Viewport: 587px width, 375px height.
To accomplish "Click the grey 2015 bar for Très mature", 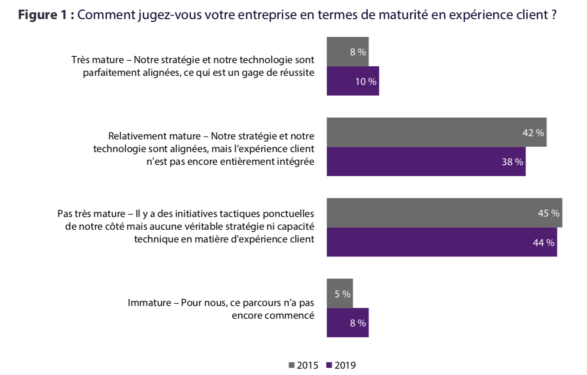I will tap(348, 52).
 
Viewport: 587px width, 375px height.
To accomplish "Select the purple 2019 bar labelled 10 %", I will tap(353, 81).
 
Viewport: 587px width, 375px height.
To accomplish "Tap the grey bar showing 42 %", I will tap(436, 132).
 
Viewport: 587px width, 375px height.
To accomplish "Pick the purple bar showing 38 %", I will tap(426, 161).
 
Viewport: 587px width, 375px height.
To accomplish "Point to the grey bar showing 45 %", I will tap(444, 213).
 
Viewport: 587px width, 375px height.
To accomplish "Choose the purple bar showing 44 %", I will tap(442, 242).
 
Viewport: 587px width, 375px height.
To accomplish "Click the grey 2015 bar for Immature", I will tap(339, 293).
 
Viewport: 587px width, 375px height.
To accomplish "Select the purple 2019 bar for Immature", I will tap(348, 322).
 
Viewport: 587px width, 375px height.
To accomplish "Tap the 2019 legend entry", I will tap(341, 365).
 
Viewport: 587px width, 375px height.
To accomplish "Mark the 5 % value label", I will tap(343, 294).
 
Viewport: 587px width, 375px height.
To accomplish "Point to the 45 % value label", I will tap(548, 213).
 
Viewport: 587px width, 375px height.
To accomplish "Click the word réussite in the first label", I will tap(298, 73).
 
